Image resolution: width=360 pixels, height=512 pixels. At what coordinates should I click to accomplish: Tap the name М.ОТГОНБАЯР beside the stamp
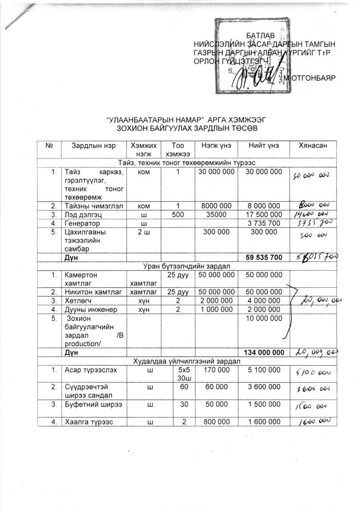pos(309,78)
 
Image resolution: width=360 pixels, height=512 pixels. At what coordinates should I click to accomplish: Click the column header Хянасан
pos(310,146)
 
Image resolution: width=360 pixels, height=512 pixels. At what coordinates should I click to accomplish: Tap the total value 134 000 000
pos(262,352)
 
